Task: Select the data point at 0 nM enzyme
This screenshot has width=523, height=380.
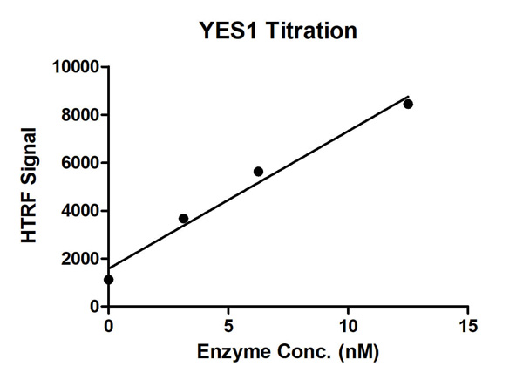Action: click(108, 280)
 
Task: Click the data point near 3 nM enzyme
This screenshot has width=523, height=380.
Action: click(183, 219)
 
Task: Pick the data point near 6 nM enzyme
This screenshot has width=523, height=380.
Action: click(258, 172)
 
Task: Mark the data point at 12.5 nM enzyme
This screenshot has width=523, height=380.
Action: click(408, 104)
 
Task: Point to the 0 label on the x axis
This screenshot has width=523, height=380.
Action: click(108, 326)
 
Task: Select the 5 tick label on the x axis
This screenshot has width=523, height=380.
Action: click(228, 326)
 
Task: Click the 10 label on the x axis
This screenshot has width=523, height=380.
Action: click(348, 326)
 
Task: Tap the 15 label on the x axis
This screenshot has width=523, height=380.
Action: click(468, 326)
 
